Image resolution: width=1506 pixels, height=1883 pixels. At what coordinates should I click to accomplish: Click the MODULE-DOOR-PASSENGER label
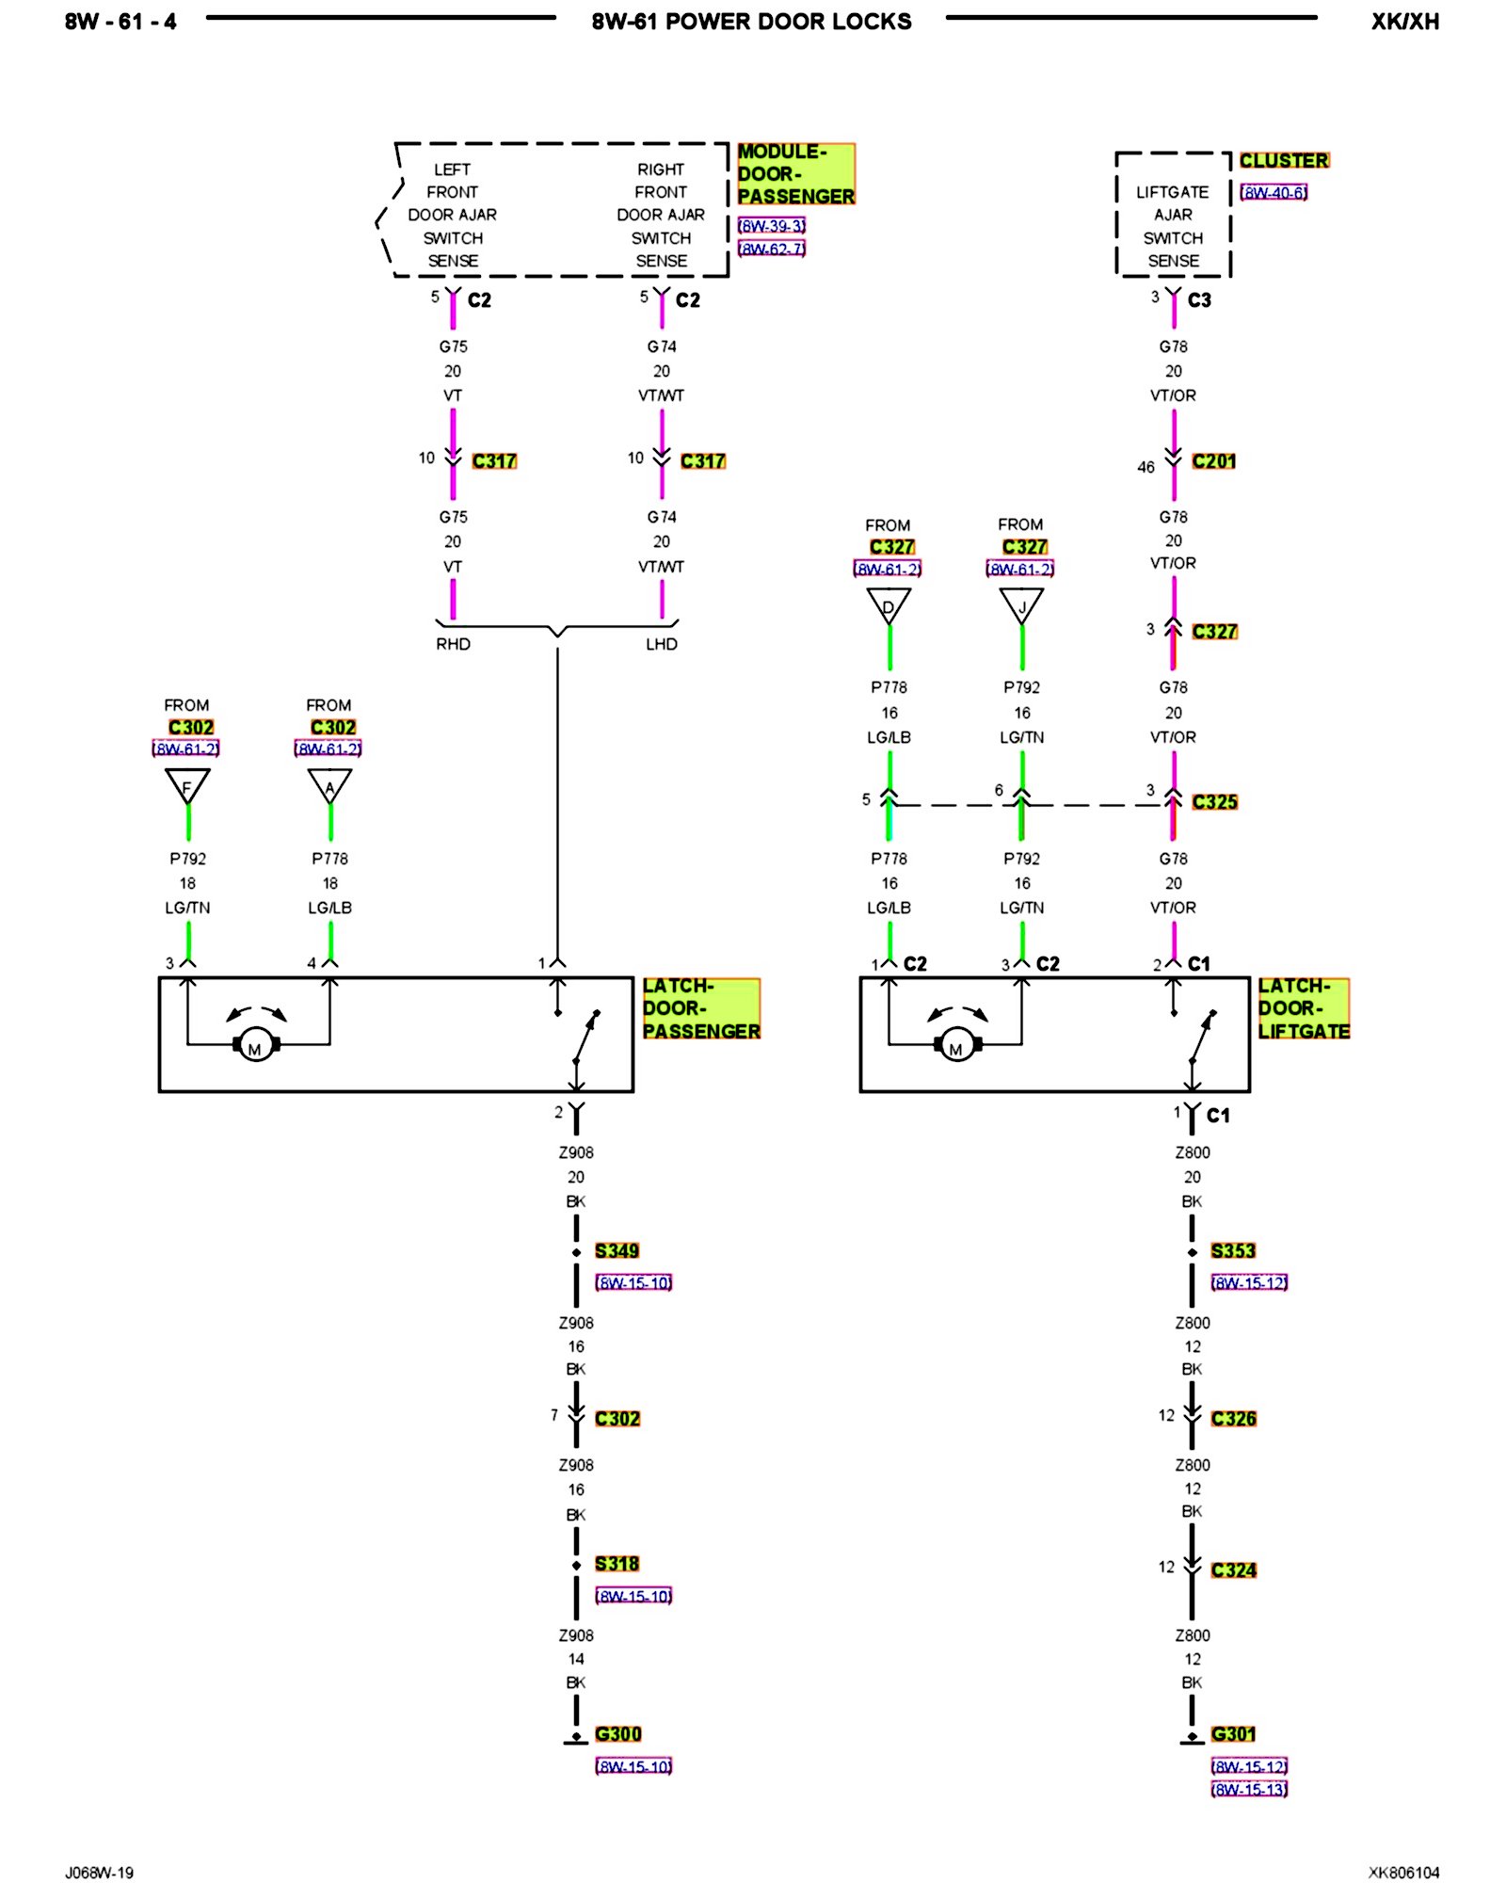pyautogui.click(x=795, y=174)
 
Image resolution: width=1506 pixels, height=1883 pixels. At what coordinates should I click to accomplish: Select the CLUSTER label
pyautogui.click(x=1283, y=161)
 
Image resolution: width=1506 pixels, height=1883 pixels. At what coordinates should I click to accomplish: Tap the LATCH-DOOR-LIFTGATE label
pyautogui.click(x=1303, y=1008)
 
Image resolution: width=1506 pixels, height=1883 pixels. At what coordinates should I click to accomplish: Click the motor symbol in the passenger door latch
pyautogui.click(x=255, y=1045)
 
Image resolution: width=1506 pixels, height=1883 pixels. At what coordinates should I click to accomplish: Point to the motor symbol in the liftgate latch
pyautogui.click(x=956, y=1045)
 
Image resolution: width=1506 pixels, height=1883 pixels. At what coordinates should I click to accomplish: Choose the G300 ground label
pyautogui.click(x=617, y=1734)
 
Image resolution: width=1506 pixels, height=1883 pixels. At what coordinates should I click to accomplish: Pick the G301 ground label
pyautogui.click(x=1233, y=1734)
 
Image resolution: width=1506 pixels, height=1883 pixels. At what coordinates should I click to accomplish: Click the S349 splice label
pyautogui.click(x=617, y=1251)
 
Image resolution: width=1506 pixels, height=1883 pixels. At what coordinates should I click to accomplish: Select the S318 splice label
pyautogui.click(x=617, y=1564)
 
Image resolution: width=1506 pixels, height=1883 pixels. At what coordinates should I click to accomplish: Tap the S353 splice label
pyautogui.click(x=1233, y=1251)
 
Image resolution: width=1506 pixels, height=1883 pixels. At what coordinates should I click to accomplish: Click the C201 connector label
pyautogui.click(x=1213, y=461)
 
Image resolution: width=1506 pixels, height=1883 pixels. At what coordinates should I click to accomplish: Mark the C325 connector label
pyautogui.click(x=1214, y=802)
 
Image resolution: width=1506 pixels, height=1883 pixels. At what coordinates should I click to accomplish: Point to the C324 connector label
pyautogui.click(x=1233, y=1570)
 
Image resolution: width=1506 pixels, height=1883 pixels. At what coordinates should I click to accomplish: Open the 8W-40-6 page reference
pyautogui.click(x=1274, y=193)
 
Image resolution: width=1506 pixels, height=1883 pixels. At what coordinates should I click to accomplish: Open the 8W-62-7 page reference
pyautogui.click(x=771, y=249)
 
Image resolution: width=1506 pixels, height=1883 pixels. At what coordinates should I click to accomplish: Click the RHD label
pyautogui.click(x=453, y=644)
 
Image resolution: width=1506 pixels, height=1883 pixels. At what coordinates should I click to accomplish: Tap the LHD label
pyautogui.click(x=661, y=644)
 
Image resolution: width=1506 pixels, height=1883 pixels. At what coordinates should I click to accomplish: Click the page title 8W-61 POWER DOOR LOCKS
pyautogui.click(x=751, y=22)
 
